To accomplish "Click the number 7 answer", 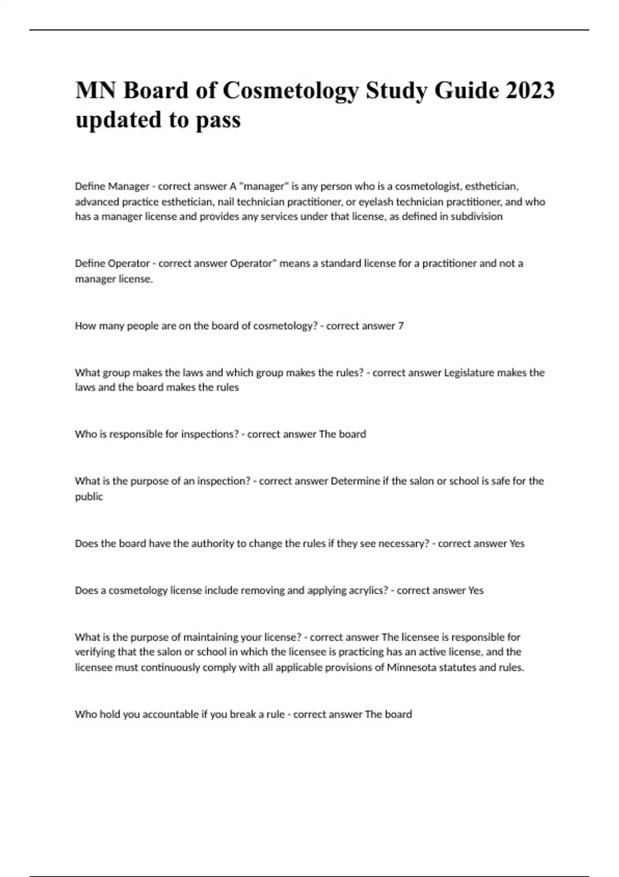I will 401,326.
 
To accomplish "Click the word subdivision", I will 477,217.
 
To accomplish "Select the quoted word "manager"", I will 264,186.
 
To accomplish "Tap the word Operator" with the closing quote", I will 253,264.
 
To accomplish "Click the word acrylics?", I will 361,590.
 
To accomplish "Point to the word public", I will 89,497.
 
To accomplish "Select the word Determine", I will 355,481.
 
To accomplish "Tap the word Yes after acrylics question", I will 476,590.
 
